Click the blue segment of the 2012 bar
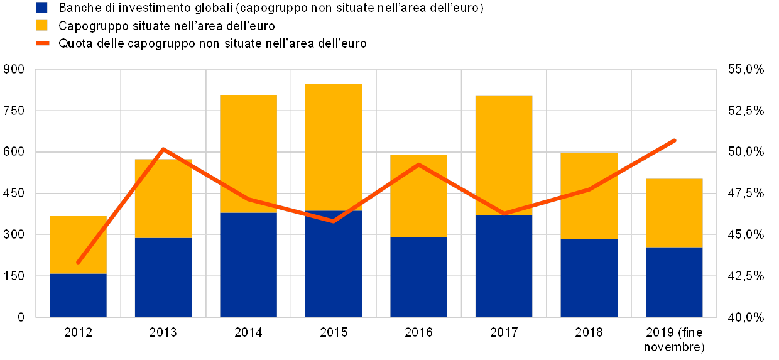(x=78, y=295)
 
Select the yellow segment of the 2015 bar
(x=334, y=147)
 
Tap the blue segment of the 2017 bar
(x=504, y=266)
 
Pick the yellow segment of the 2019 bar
(x=674, y=213)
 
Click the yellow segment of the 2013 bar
(x=163, y=199)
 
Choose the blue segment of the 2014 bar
(x=248, y=265)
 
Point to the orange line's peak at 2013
(x=163, y=149)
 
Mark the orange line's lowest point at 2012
(x=78, y=262)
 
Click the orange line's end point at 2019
(x=674, y=141)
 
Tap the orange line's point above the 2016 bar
(x=418, y=165)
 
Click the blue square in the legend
(x=42, y=8)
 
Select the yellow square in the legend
(x=42, y=26)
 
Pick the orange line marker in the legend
(x=42, y=43)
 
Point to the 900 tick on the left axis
(x=14, y=70)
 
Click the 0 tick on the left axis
(x=20, y=317)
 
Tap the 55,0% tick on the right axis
(x=745, y=70)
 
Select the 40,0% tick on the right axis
(x=745, y=317)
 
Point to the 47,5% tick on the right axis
(x=745, y=194)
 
